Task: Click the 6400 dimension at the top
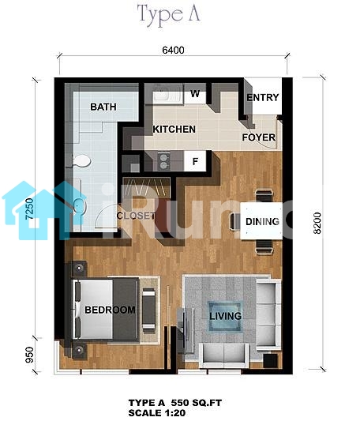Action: pos(173,51)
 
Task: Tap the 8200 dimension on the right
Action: pos(317,224)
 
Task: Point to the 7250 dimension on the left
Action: pos(29,209)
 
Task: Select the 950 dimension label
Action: pos(29,355)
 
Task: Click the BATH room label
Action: pos(103,107)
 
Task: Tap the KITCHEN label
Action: pos(174,130)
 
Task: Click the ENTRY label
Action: pos(263,97)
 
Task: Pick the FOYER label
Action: pos(259,137)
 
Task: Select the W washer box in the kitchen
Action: pos(195,97)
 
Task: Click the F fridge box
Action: pos(195,161)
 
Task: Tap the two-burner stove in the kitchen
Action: pos(163,160)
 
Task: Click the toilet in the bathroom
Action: pos(82,161)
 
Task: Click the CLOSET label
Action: pos(136,216)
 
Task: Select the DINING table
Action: pos(261,220)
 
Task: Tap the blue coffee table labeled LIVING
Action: pos(226,316)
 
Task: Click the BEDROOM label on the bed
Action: pos(110,310)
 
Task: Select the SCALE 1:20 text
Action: pos(157,412)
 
